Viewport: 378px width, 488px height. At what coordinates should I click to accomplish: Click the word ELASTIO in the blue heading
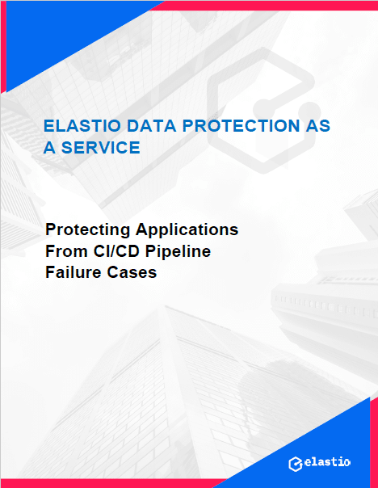82,126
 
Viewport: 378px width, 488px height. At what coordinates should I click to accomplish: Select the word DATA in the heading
152,126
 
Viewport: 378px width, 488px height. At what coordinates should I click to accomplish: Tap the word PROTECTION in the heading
241,126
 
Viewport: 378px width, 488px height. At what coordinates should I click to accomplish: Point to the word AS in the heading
318,126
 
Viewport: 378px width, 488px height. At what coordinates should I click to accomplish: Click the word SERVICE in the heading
101,148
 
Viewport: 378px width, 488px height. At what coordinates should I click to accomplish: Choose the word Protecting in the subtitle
88,230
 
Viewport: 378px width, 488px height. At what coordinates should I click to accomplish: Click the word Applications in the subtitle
187,230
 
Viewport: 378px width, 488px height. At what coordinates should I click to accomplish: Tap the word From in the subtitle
66,250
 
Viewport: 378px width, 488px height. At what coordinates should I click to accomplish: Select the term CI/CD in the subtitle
116,250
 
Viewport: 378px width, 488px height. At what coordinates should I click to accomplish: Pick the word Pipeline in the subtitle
178,251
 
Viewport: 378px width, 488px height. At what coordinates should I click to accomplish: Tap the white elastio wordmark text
327,462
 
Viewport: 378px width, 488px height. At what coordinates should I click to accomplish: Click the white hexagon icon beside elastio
296,464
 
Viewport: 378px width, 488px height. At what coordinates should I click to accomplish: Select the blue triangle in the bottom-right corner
311,452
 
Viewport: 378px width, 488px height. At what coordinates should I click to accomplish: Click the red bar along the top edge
264,6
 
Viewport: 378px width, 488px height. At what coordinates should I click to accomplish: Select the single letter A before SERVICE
49,148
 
